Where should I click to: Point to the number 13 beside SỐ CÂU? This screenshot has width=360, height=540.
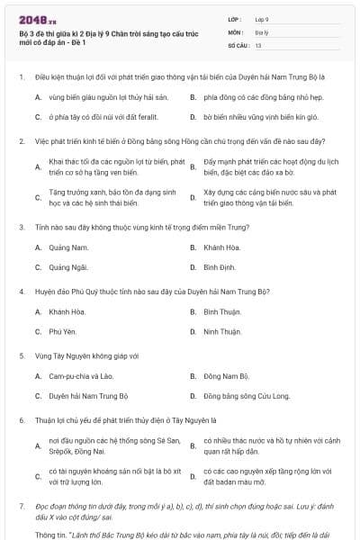click(258, 44)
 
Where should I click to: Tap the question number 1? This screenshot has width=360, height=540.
click(21, 77)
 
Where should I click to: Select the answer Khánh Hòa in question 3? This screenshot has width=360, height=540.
click(220, 247)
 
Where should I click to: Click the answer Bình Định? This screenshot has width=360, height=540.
click(220, 267)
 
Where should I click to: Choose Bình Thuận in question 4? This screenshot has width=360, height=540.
click(222, 311)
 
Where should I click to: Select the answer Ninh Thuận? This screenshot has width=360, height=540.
click(221, 332)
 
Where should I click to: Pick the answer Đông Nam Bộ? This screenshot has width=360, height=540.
click(226, 375)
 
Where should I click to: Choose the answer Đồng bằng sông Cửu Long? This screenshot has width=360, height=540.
click(247, 396)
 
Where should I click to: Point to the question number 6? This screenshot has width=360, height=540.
click(21, 419)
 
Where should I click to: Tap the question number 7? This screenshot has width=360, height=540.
click(21, 508)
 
